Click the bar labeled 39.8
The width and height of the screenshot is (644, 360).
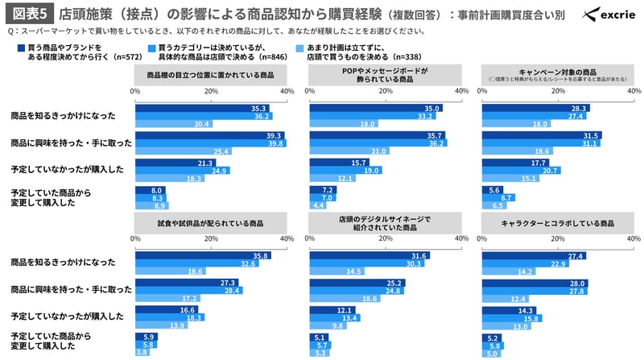(211, 143)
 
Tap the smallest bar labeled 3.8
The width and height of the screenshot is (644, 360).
(142, 352)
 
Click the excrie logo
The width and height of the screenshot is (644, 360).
(608, 14)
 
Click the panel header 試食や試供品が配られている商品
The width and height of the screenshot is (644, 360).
(212, 221)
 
